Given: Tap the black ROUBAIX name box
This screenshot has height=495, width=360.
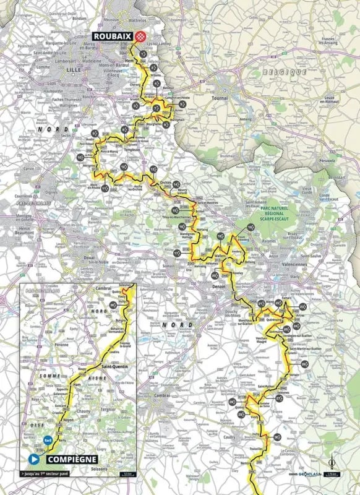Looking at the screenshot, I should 116,36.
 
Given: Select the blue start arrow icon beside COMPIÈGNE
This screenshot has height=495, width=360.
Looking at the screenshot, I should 32,459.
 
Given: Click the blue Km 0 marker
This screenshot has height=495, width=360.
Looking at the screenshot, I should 48,440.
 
